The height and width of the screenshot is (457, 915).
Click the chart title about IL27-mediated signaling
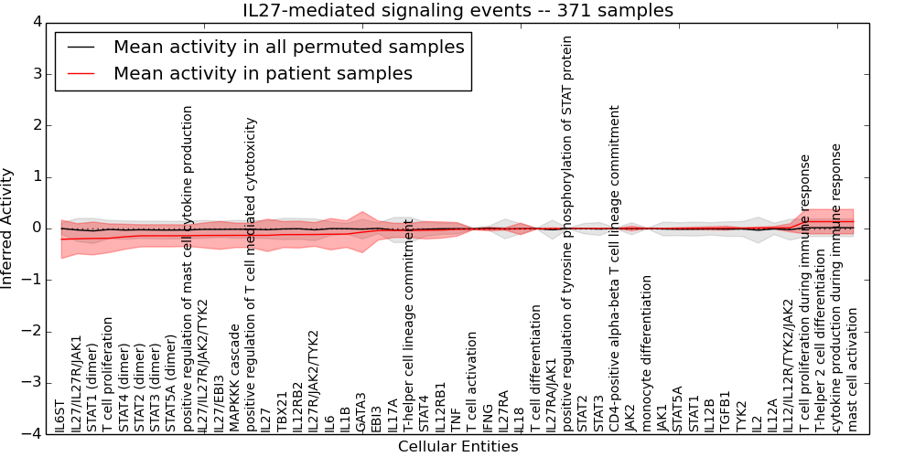tap(457, 11)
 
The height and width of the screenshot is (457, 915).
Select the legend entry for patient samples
tap(263, 73)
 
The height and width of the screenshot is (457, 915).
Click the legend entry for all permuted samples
tap(288, 47)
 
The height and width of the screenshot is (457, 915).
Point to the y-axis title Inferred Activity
tap(8, 228)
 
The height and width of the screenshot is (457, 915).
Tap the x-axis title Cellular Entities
tap(457, 447)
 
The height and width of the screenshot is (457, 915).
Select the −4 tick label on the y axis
tap(31, 433)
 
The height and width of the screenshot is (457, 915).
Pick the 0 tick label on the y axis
tap(35, 228)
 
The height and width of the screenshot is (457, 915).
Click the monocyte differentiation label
tap(647, 353)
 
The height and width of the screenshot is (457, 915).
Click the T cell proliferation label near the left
tap(108, 374)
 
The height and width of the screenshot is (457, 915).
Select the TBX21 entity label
tap(282, 413)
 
